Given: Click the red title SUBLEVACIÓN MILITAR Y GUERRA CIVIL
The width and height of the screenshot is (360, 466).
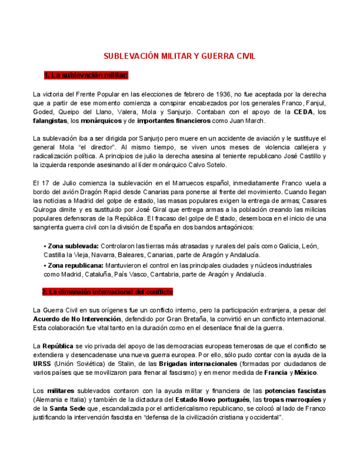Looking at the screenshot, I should [180, 57].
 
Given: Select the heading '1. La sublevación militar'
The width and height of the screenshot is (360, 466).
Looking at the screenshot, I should [86, 75].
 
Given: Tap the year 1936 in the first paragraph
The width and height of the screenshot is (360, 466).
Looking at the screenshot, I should [222, 94].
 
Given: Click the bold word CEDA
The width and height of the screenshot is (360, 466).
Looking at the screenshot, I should [303, 112].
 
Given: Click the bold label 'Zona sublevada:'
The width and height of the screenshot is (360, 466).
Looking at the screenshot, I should [73, 246].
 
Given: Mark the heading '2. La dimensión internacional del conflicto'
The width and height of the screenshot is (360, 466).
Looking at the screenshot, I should [107, 292].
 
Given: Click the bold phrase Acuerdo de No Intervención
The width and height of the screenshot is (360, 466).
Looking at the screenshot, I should [77, 319].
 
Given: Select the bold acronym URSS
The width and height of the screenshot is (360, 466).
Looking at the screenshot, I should [42, 364].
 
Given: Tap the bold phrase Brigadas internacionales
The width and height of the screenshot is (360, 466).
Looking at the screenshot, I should [190, 364].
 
